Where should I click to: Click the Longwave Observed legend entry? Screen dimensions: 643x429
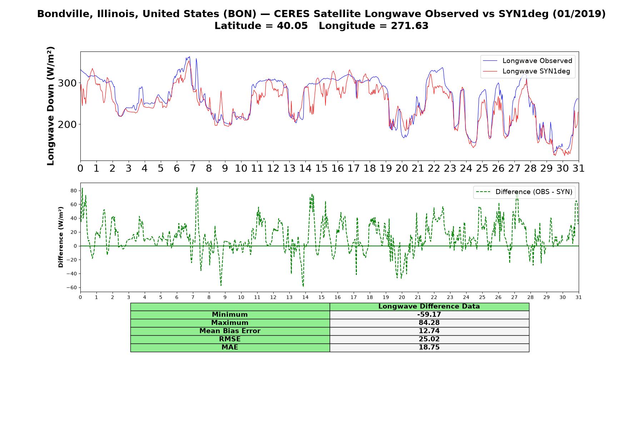528,61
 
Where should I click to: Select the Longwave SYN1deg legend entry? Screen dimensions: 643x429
526,71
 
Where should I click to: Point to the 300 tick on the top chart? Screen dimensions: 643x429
68,83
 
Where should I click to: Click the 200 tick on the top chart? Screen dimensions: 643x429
68,124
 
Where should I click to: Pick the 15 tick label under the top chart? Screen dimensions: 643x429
321,168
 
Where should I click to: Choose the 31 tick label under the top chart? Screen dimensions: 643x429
578,168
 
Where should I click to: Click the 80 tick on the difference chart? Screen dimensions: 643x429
74,191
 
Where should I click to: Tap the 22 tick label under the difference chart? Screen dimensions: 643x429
434,297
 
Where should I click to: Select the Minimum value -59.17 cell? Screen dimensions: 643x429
429,315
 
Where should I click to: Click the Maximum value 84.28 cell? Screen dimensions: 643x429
429,323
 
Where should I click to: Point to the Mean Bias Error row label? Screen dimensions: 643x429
230,331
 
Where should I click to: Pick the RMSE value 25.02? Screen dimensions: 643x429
429,339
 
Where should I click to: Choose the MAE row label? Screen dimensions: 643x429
230,347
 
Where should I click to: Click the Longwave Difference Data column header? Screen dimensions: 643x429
429,306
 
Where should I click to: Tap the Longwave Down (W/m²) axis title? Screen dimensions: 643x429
50,106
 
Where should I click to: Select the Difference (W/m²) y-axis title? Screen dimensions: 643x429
61,237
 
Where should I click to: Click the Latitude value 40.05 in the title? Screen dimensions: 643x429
292,26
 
